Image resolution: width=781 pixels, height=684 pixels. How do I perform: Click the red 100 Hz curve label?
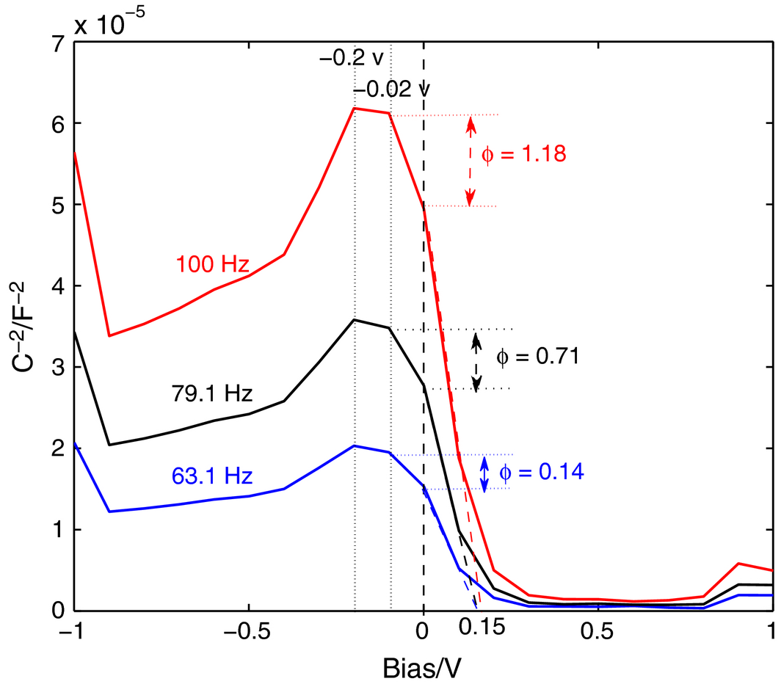click(212, 263)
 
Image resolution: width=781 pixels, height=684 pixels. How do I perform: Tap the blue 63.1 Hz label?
click(213, 476)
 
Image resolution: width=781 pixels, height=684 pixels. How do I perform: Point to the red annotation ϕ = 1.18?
click(524, 155)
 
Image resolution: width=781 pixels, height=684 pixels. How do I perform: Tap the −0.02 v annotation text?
click(390, 90)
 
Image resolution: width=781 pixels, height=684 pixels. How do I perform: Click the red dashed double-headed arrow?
click(471, 161)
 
